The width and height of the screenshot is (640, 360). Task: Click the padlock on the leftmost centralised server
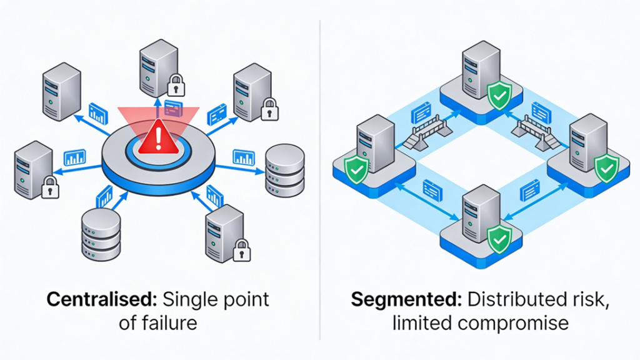pos(49,186)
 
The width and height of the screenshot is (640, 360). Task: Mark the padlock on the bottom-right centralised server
pos(241,251)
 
